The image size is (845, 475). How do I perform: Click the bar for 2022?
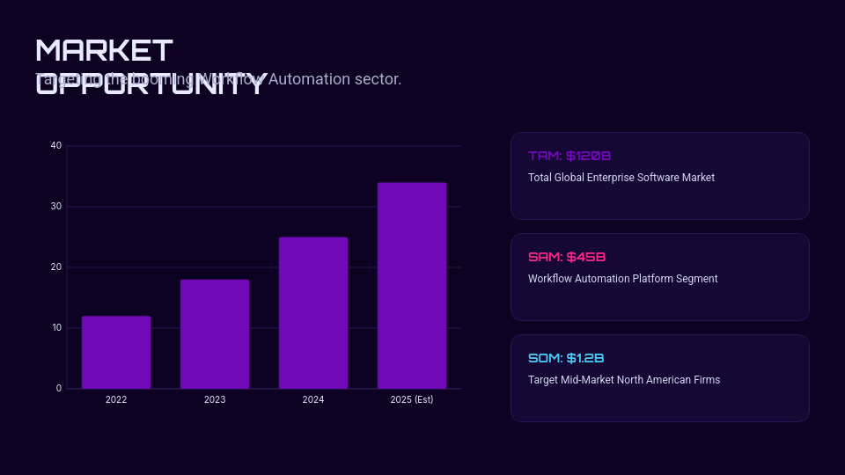point(116,352)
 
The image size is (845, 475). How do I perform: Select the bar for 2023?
point(215,334)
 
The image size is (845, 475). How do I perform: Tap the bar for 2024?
point(313,312)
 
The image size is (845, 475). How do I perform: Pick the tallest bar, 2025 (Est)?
point(412,286)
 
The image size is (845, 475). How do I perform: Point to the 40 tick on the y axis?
point(56,145)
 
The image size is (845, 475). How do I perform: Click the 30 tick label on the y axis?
point(56,207)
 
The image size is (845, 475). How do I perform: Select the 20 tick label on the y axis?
point(56,267)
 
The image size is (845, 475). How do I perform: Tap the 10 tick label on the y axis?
point(56,328)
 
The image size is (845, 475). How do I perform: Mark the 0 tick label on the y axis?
point(59,388)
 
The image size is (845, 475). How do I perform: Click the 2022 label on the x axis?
point(116,399)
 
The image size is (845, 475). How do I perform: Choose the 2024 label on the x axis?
point(313,399)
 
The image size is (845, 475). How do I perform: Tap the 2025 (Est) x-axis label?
point(412,399)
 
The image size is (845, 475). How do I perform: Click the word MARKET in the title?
point(105,51)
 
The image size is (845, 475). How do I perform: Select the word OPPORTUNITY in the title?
point(150,84)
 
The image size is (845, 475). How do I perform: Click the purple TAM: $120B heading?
point(569,156)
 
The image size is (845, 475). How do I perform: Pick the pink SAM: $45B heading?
point(567,257)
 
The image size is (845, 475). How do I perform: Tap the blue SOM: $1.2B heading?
point(566,358)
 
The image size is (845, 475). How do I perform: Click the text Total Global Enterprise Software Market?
point(621,178)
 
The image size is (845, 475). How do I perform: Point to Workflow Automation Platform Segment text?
point(623,279)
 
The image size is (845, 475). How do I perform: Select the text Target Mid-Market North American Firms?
point(624,380)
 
